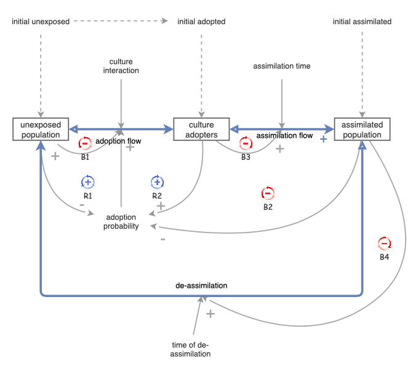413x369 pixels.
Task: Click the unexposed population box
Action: (x=41, y=129)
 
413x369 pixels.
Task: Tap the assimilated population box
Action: (x=363, y=129)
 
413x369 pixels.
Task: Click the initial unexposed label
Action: (x=41, y=22)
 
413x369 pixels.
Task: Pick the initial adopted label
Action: (x=201, y=22)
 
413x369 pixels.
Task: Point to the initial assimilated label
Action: (x=362, y=22)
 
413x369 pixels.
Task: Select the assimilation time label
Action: (x=282, y=66)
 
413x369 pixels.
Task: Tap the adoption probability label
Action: (x=122, y=221)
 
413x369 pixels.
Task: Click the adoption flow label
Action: (x=118, y=141)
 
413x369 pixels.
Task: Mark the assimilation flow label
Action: (x=284, y=135)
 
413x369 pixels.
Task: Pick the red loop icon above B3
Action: (x=245, y=144)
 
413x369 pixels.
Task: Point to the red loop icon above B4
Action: (x=384, y=242)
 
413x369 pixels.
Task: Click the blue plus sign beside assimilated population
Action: (x=323, y=140)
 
